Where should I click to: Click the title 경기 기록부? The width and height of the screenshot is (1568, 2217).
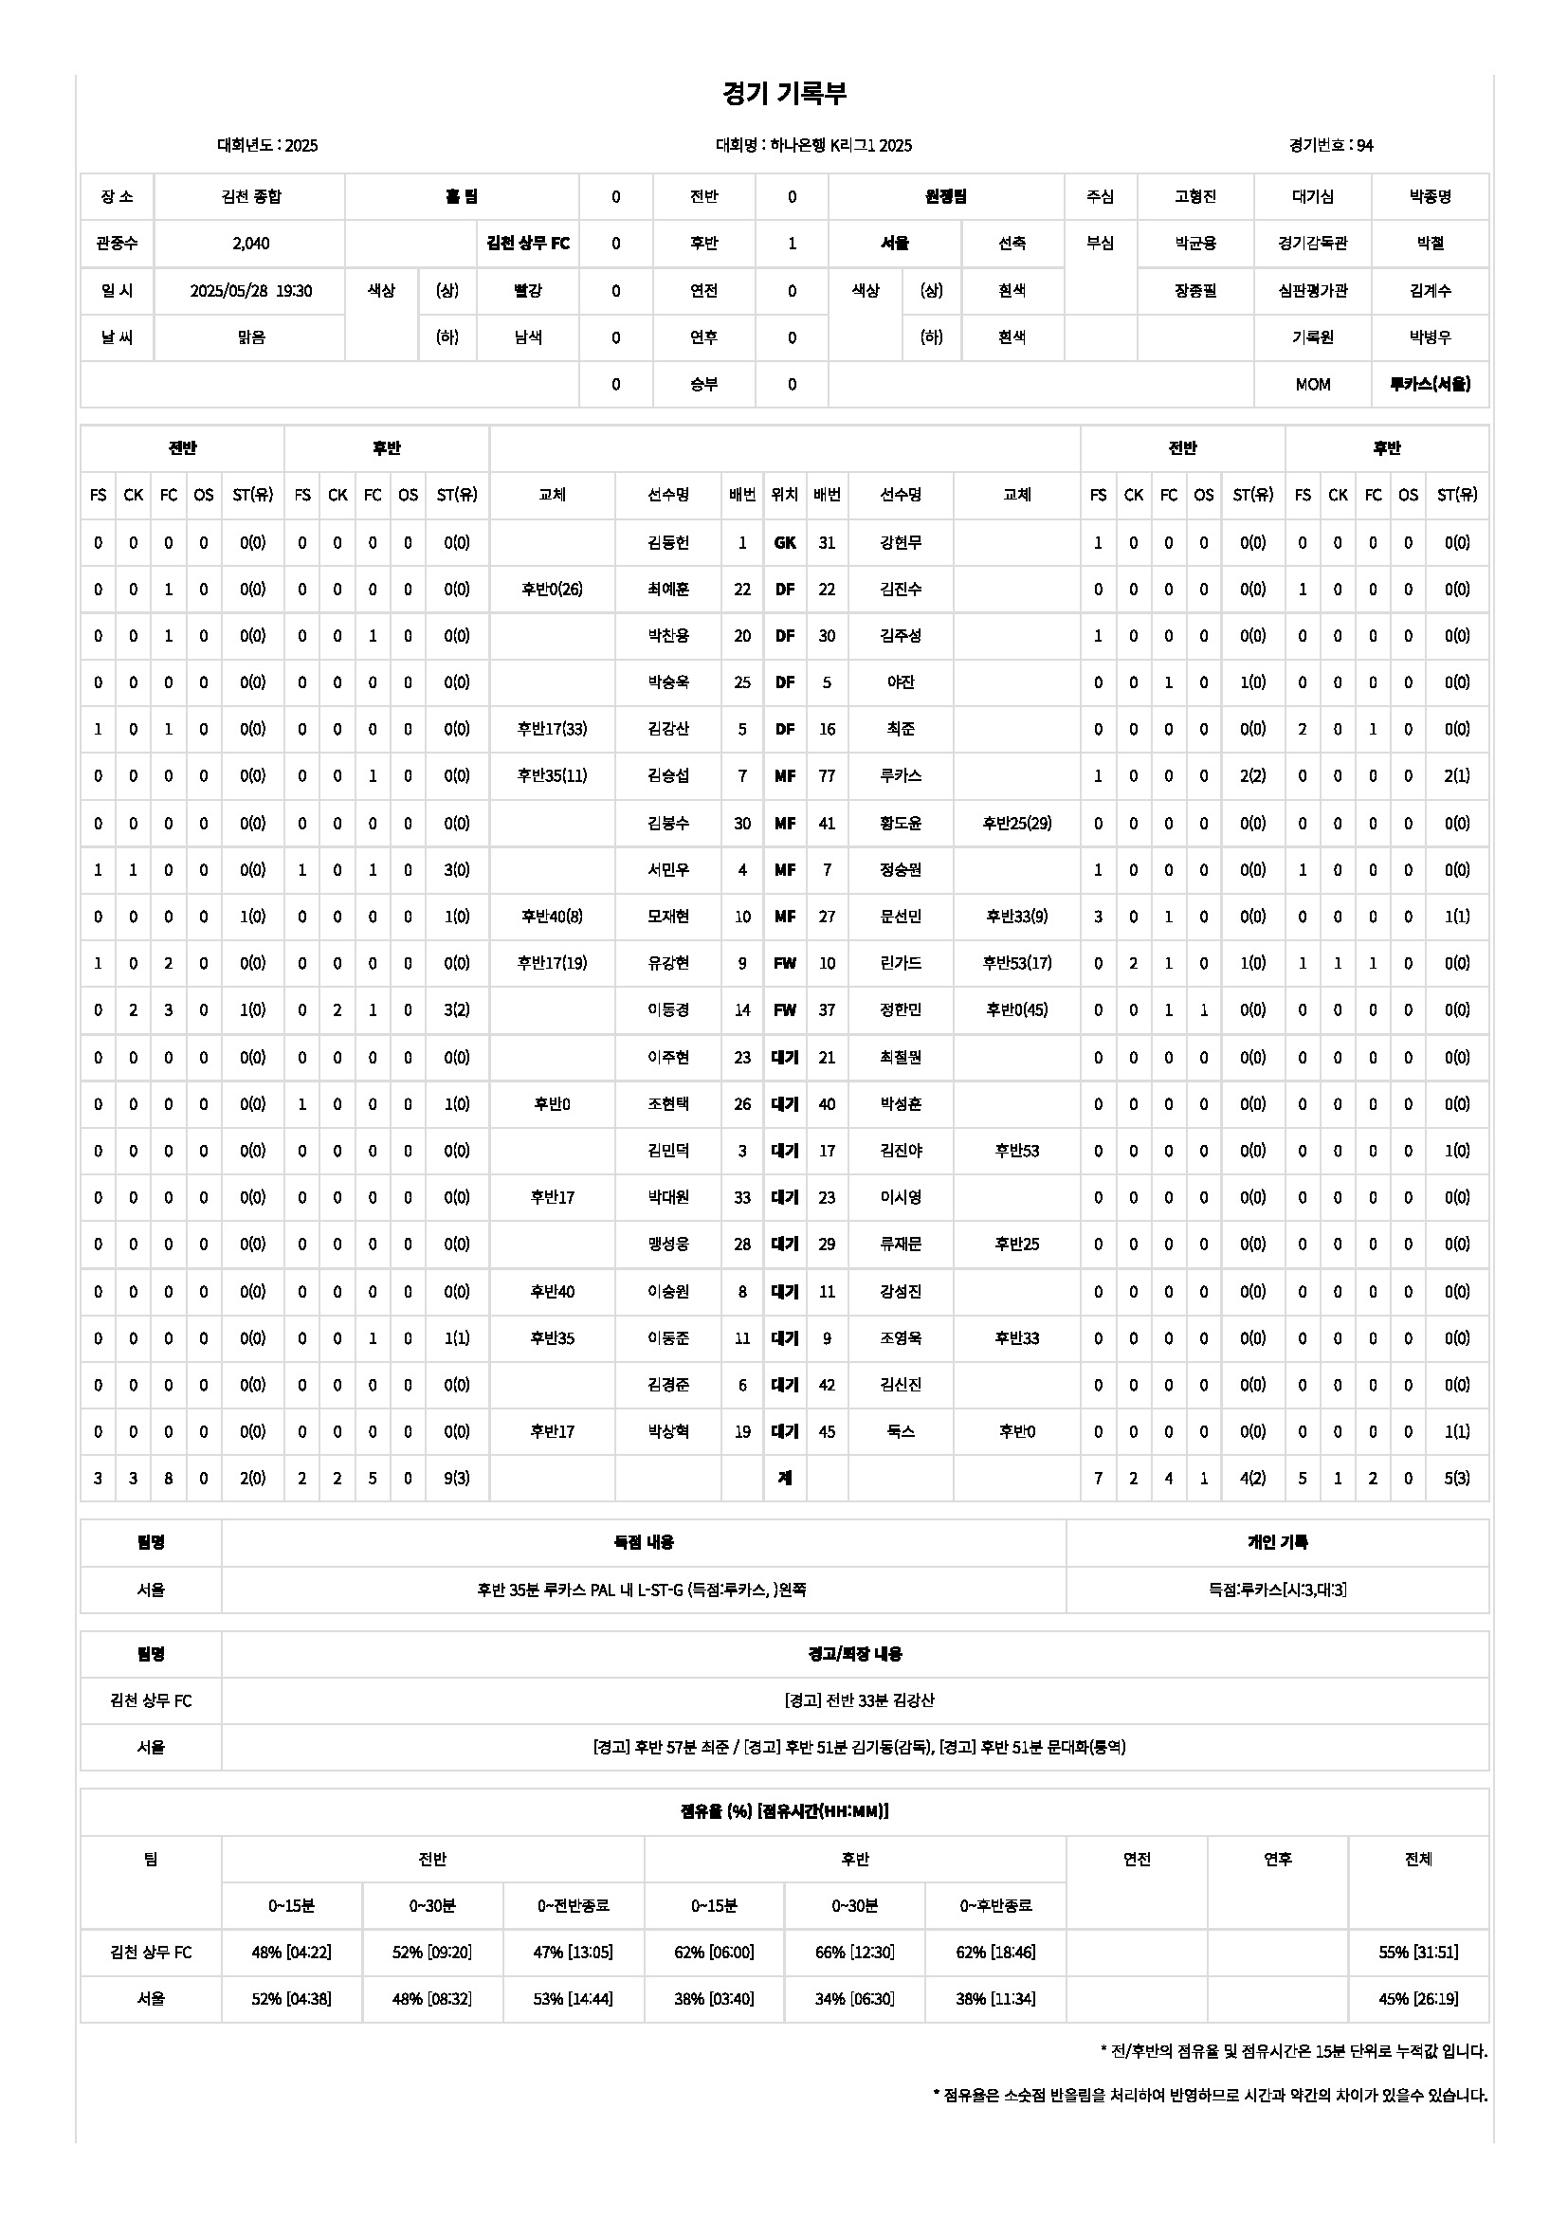784,94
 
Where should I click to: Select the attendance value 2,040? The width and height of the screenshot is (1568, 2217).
250,244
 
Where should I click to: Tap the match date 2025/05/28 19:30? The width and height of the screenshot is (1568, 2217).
250,291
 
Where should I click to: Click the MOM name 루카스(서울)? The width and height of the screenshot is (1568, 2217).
1429,384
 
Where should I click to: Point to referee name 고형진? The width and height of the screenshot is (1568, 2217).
1195,197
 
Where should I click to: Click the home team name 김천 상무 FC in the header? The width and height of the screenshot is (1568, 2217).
527,244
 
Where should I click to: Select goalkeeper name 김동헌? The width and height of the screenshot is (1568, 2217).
668,543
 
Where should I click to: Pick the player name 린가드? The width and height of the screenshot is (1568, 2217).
900,963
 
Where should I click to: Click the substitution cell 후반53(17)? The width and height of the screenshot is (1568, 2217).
1016,963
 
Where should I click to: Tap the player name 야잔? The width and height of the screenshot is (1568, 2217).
900,682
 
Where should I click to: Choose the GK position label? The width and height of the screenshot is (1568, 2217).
784,543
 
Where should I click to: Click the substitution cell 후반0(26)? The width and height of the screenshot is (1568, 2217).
552,589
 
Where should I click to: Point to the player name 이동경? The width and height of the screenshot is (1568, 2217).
668,1010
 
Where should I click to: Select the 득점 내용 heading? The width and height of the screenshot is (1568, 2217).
644,1543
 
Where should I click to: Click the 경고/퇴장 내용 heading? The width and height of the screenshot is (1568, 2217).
854,1654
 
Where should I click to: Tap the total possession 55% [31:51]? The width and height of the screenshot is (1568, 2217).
1417,1953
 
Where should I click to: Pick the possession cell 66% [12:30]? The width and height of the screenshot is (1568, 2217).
854,1953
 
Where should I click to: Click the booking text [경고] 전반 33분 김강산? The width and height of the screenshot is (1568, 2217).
854,1700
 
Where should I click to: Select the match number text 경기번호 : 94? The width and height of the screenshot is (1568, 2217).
1330,146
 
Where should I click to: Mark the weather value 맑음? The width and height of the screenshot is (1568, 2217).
250,338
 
